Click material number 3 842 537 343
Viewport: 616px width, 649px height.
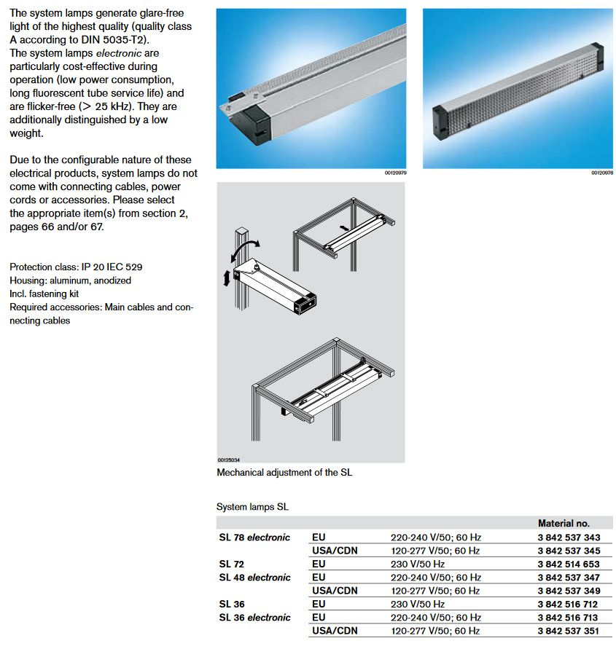569,538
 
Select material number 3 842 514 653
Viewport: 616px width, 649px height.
569,564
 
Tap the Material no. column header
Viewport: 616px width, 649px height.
564,523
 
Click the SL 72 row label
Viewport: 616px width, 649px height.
232,564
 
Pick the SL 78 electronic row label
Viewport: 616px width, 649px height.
254,538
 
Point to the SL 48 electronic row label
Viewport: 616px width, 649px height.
254,578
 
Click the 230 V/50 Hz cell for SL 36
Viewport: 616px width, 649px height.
418,604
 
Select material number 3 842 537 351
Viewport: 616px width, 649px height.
569,631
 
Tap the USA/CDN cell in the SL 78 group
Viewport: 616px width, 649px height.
334,551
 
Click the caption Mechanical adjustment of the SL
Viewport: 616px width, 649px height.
284,472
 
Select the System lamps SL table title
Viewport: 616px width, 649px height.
252,506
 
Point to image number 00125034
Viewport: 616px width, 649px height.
228,460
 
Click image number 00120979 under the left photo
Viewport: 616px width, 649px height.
395,173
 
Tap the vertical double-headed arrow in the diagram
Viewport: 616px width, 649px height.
227,278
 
